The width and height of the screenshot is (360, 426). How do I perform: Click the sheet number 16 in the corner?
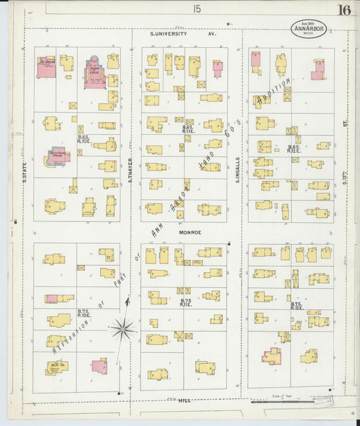tap(344, 9)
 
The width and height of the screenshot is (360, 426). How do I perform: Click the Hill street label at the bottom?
tap(184, 400)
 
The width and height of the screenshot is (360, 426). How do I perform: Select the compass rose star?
tap(123, 329)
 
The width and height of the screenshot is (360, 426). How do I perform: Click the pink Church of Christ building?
tap(95, 73)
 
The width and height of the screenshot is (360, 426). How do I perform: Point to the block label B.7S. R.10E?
tap(84, 313)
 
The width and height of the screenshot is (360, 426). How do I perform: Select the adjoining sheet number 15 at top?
tap(197, 9)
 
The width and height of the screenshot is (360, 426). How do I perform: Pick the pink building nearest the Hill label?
tap(99, 367)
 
